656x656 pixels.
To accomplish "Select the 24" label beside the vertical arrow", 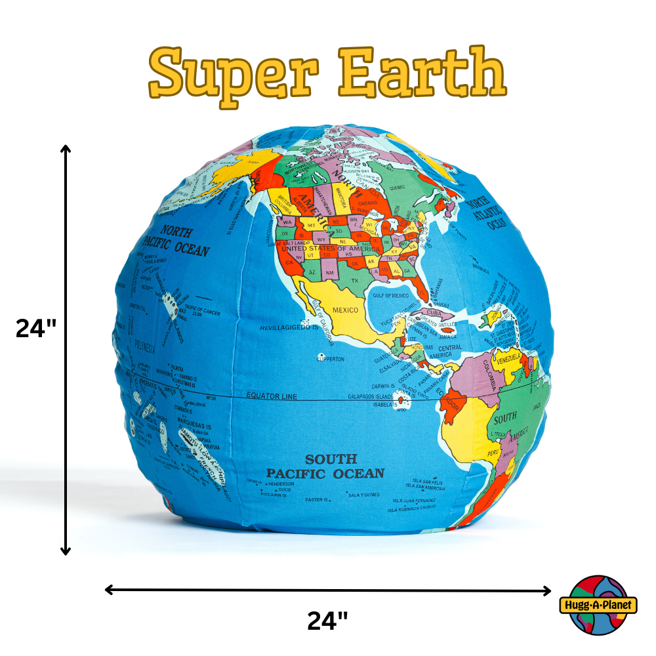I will [37, 328].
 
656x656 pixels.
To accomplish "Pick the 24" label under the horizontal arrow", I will [327, 621].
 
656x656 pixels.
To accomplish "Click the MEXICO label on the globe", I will [345, 309].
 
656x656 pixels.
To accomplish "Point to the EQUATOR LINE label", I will [272, 396].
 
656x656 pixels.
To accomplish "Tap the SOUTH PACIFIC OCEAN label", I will [325, 466].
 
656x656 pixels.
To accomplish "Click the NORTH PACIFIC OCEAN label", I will [176, 241].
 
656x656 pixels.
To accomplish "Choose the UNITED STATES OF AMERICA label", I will [331, 249].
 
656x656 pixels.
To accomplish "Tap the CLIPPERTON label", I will [330, 359].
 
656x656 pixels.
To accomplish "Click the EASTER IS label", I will [316, 500].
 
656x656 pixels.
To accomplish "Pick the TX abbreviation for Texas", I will [355, 281].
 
